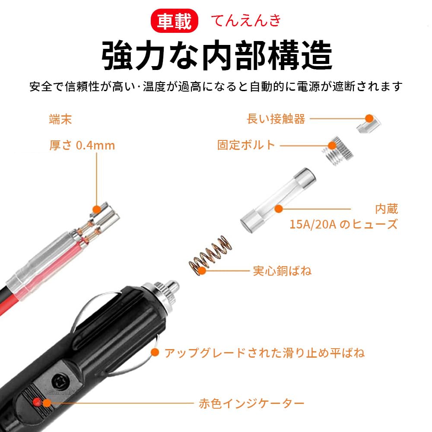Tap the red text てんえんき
pos(246,21)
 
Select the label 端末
pos(60,119)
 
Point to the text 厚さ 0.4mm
pos(82,145)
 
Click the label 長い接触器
pos(276,119)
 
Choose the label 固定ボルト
pos(246,145)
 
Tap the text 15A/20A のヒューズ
pos(343,224)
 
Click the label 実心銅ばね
pos(282,271)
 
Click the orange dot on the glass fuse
pos(279,209)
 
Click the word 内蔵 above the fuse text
pos(386,210)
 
